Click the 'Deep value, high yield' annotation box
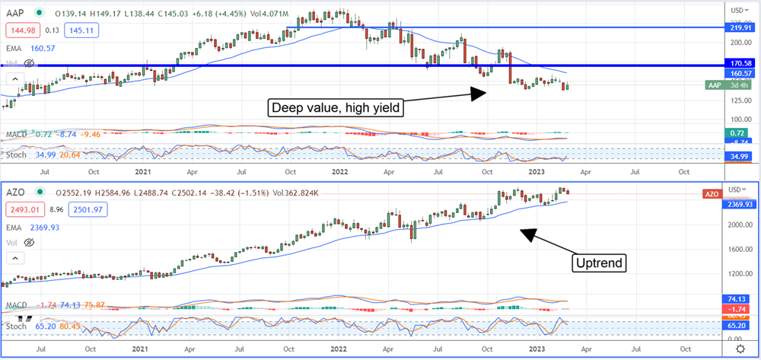pyautogui.click(x=336, y=108)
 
